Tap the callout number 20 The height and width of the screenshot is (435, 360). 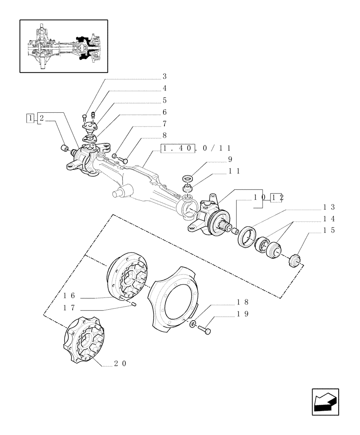120,364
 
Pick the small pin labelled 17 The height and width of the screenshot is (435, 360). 134,304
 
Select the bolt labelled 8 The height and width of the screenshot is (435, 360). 123,161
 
